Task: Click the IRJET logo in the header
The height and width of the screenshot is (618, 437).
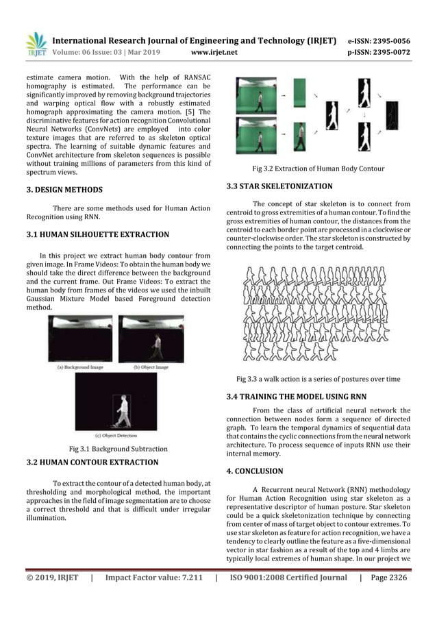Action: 36,44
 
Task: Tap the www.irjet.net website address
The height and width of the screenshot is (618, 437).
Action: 215,51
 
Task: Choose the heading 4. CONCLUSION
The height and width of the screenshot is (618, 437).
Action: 254,471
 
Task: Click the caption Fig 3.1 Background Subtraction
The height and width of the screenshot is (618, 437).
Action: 118,449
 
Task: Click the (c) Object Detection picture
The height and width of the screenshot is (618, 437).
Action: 116,401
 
